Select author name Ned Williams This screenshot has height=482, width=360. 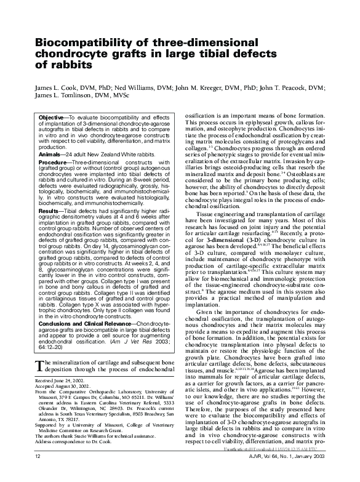click(130, 89)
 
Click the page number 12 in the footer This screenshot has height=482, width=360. click(38, 474)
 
